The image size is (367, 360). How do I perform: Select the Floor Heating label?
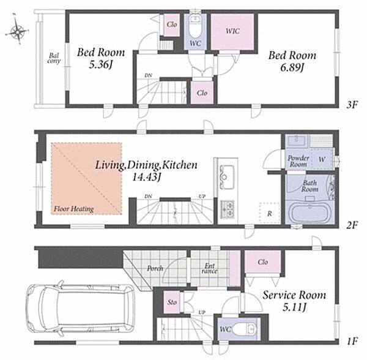(x=73, y=209)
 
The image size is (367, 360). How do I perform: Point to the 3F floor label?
(x=352, y=105)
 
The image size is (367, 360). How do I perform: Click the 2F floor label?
(x=352, y=225)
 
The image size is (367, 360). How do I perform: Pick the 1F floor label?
(x=352, y=341)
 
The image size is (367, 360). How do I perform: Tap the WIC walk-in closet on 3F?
(x=232, y=31)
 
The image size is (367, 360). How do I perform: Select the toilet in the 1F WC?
(x=246, y=329)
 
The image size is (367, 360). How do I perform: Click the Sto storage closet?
(x=172, y=302)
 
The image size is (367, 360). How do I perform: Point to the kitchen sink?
(x=226, y=176)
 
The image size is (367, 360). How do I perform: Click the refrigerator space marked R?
(x=270, y=213)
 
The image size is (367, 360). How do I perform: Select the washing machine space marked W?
(x=322, y=159)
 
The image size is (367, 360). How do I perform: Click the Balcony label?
(x=54, y=58)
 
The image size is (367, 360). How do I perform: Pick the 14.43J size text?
(x=146, y=177)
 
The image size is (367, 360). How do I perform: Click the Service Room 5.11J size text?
(x=294, y=307)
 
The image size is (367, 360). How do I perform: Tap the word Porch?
(x=155, y=268)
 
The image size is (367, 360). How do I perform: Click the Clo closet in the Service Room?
(x=262, y=261)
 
